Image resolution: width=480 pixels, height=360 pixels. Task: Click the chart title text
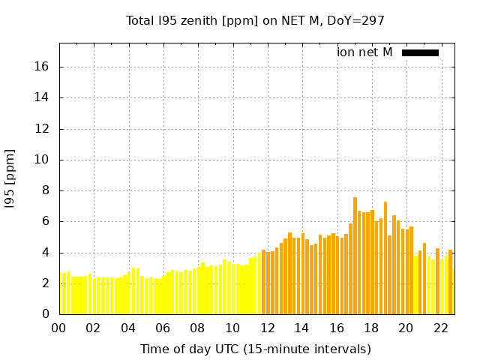(255, 21)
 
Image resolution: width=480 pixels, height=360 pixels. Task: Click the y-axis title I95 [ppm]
(10, 178)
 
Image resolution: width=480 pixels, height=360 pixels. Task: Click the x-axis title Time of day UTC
(255, 349)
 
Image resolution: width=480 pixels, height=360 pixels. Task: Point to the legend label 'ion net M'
(364, 52)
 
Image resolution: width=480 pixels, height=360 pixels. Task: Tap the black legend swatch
(420, 52)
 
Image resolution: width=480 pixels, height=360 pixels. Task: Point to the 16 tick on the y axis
(41, 67)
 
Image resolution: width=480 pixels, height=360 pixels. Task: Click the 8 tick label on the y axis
(45, 190)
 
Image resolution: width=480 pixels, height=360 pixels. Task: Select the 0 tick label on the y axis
(45, 314)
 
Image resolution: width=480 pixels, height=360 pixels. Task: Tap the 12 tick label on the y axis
(41, 129)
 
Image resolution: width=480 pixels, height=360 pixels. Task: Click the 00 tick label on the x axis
(58, 328)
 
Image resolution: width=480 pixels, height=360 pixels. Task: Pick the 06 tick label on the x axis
(163, 328)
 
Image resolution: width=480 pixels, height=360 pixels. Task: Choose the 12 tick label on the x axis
(267, 328)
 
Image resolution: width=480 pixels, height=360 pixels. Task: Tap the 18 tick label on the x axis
(370, 328)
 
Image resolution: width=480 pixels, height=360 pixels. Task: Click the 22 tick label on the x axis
(440, 328)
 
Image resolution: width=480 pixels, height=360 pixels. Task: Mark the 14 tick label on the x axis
(301, 328)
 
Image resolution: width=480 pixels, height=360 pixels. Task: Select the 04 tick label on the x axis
(128, 328)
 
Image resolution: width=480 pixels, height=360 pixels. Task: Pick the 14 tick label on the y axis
(41, 97)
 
